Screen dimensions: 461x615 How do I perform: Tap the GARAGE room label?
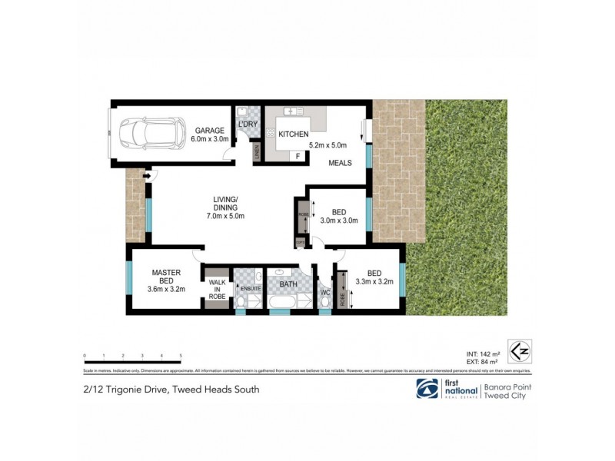[x=208, y=130]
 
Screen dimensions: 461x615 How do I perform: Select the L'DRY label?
[x=248, y=124]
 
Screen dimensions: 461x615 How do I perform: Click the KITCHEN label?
[x=293, y=134]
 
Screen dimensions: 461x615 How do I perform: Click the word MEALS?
[x=341, y=163]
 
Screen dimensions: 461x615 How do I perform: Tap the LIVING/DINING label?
[x=225, y=204]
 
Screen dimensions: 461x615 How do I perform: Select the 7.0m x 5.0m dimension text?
[x=225, y=216]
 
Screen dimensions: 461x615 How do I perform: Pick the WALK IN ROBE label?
[x=217, y=288]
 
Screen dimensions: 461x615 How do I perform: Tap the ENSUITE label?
[x=251, y=288]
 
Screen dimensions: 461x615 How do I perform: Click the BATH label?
[x=288, y=284]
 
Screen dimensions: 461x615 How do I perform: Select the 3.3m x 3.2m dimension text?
[x=374, y=282]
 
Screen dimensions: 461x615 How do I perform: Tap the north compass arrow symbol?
[x=519, y=351]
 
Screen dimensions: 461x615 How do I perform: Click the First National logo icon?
[x=427, y=389]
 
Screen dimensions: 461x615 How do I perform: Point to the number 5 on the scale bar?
[x=180, y=356]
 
